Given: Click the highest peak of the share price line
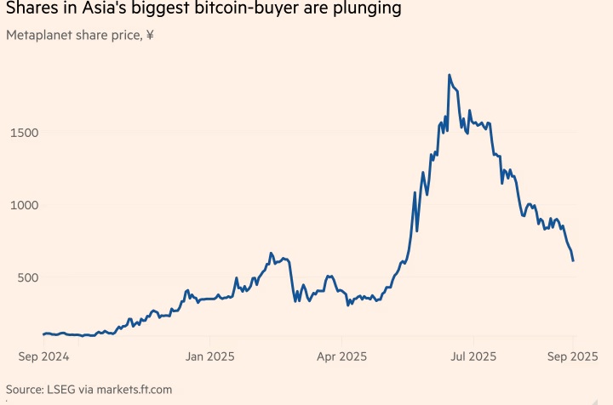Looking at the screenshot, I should [x=449, y=75].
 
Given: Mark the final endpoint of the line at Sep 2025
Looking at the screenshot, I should [x=573, y=260].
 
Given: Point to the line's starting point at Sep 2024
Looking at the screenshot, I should [x=43, y=334].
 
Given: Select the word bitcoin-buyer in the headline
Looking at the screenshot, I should [x=262, y=10].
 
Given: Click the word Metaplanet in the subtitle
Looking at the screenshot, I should [x=37, y=36].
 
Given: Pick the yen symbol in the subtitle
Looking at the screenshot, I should [x=150, y=36].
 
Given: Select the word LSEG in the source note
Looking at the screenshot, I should [x=65, y=390].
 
